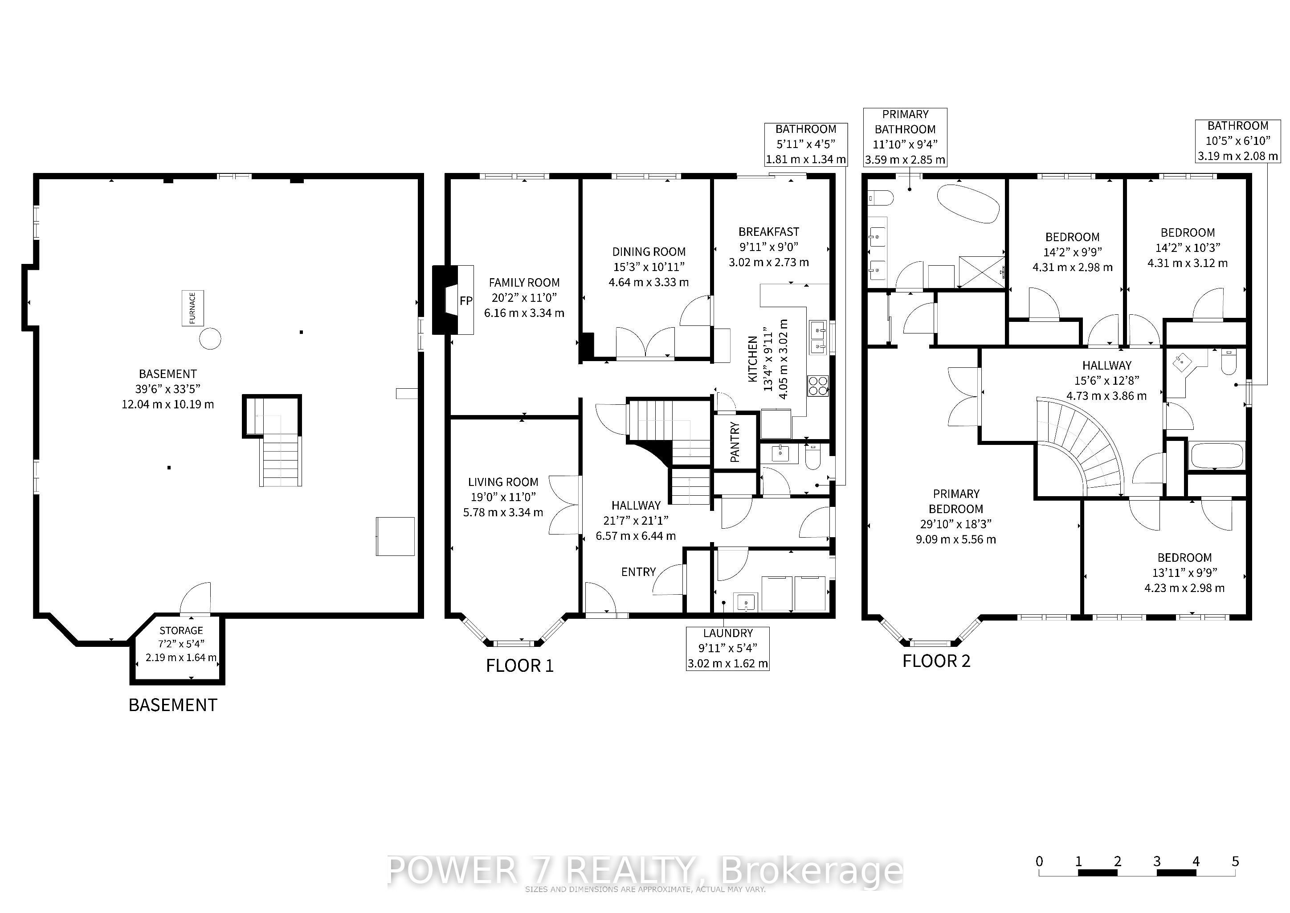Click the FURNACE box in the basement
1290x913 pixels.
(192, 308)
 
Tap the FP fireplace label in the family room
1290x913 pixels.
(466, 301)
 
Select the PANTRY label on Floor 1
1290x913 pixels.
(735, 442)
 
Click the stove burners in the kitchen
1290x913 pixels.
(818, 386)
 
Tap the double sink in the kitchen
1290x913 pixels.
(818, 337)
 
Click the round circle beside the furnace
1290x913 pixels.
(210, 338)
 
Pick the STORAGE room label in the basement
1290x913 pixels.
(181, 630)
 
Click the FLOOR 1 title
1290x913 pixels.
(520, 666)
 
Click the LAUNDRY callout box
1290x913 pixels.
(727, 649)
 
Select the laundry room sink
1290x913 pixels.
(746, 601)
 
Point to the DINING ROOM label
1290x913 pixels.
(649, 252)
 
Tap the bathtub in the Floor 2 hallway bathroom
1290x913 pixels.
(1217, 455)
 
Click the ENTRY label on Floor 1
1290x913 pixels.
(638, 572)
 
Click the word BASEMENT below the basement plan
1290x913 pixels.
(172, 705)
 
